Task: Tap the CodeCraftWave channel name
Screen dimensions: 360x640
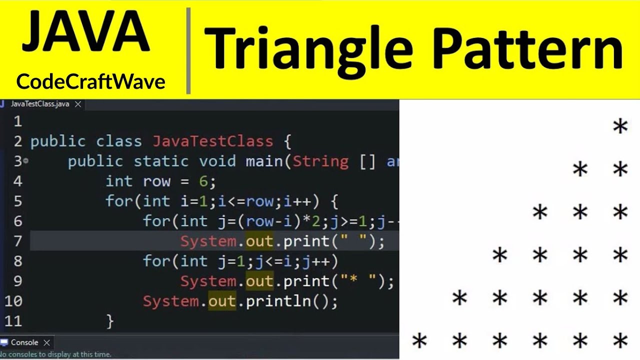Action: [x=90, y=81]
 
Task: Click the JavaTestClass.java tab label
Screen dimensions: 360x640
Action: [x=39, y=104]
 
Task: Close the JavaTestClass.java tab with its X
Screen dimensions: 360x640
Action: [x=77, y=104]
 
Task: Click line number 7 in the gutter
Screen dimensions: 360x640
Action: [x=17, y=241]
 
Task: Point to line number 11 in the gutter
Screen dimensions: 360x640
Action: [x=13, y=321]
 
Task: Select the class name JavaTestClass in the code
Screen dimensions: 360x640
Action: [x=213, y=141]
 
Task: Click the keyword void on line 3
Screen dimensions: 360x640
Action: [x=217, y=161]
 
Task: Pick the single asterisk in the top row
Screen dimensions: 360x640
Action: [x=620, y=126]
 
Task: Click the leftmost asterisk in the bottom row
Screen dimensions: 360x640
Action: [x=419, y=341]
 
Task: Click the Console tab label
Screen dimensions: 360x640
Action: [x=24, y=342]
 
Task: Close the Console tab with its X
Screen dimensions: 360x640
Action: [x=46, y=342]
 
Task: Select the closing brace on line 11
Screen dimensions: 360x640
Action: [x=110, y=321]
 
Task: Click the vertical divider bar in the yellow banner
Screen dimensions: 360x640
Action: [x=188, y=50]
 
